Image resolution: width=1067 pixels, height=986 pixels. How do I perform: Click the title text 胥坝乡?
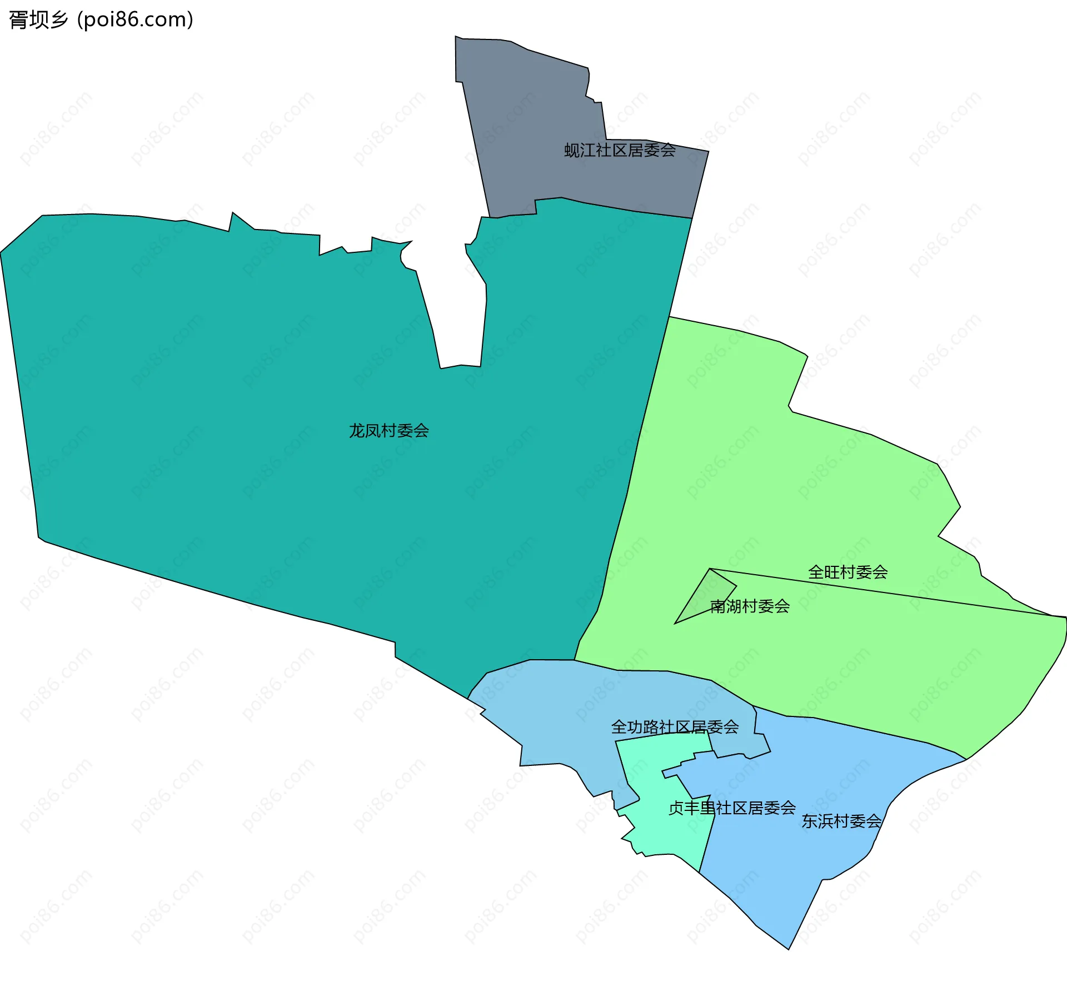(x=38, y=20)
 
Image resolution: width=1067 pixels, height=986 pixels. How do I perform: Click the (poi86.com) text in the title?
(x=136, y=20)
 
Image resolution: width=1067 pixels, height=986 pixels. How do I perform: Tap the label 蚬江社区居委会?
(x=620, y=150)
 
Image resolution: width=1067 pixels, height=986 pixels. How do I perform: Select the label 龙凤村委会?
(x=388, y=431)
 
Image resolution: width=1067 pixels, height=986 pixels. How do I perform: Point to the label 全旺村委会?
(x=847, y=572)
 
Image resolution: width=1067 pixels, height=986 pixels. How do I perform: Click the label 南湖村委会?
(x=750, y=606)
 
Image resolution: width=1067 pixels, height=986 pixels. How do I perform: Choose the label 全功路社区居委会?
(x=675, y=727)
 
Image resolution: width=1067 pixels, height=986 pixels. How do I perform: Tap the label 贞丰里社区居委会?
(x=732, y=808)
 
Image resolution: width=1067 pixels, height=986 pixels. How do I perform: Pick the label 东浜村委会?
(x=841, y=821)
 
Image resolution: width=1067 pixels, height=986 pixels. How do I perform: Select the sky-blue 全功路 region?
(x=556, y=717)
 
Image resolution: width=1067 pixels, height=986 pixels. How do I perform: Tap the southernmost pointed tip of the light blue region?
(x=788, y=948)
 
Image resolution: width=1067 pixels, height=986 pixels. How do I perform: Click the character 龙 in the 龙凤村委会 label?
(x=356, y=431)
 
